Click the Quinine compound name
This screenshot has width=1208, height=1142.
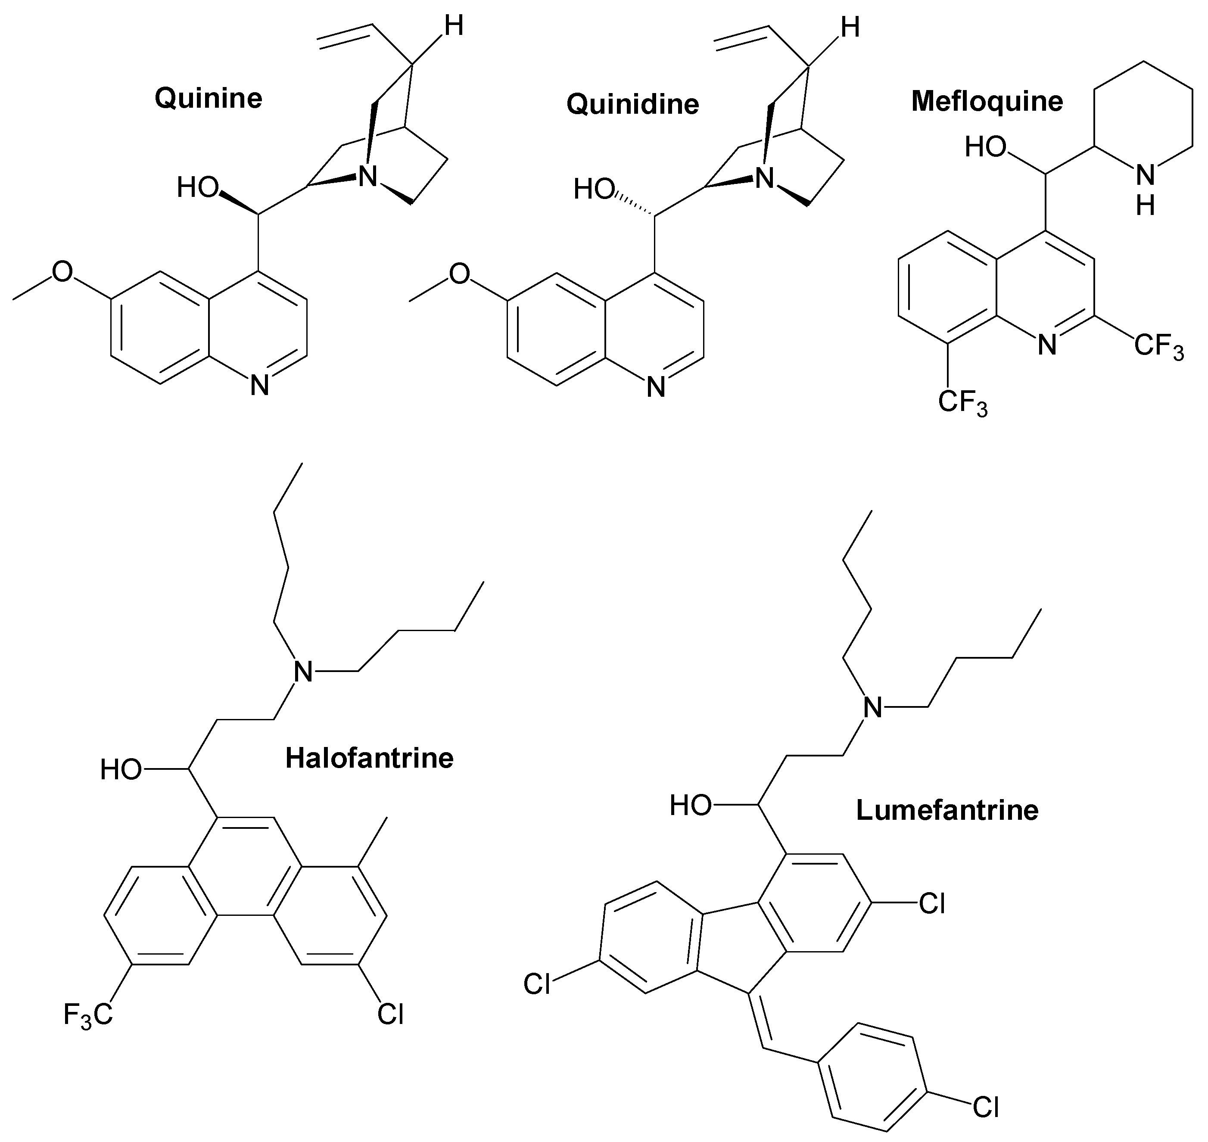[x=208, y=98]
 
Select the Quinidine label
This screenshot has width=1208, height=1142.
[x=632, y=104]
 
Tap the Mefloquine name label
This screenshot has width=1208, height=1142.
[x=987, y=101]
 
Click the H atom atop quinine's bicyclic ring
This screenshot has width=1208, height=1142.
[x=453, y=27]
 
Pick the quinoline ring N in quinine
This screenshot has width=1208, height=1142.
[x=260, y=386]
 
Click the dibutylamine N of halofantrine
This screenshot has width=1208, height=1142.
[x=303, y=672]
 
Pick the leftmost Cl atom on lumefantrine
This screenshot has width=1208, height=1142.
[x=537, y=984]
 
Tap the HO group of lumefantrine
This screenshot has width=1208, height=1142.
[x=691, y=806]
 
